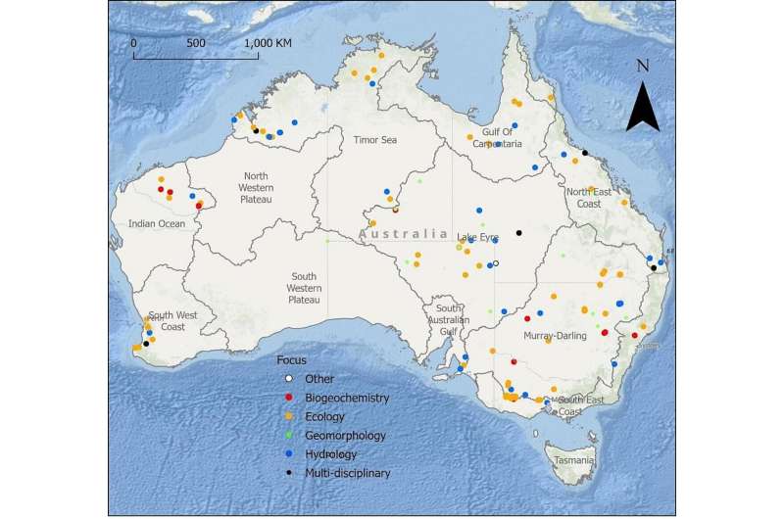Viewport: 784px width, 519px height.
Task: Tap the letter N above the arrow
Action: (643, 67)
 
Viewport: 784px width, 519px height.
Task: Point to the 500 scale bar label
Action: (196, 43)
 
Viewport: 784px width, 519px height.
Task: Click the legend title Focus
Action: (291, 359)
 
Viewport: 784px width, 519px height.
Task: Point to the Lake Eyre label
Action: (478, 237)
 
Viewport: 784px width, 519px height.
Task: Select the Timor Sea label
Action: (374, 140)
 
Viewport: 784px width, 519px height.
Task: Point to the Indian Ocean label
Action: (156, 223)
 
